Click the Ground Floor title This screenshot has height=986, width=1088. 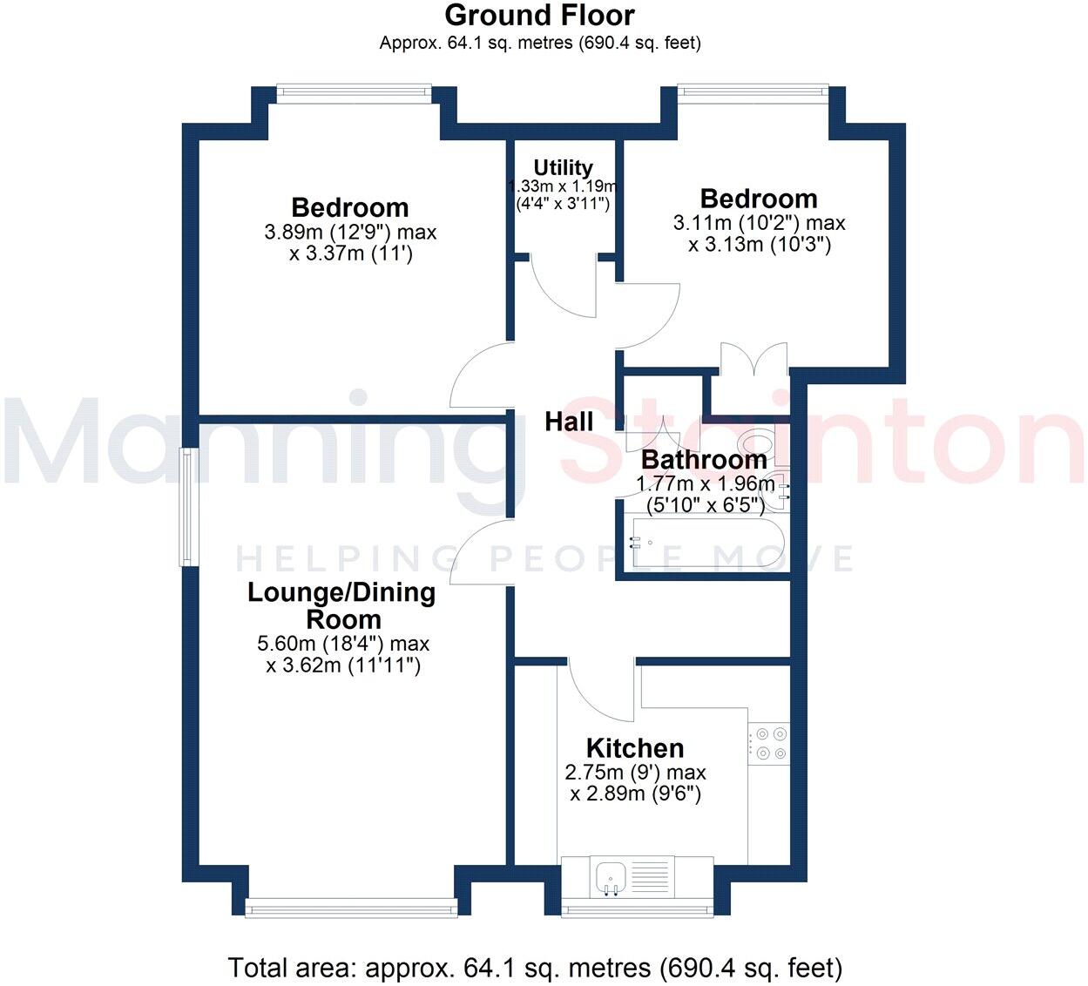[x=539, y=15]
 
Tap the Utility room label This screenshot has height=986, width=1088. [x=563, y=167]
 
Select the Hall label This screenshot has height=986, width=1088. [x=569, y=422]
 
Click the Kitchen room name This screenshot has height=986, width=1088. [x=635, y=748]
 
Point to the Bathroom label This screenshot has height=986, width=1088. [x=704, y=460]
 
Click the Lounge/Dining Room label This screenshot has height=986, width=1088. [x=342, y=606]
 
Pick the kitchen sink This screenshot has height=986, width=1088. [x=611, y=875]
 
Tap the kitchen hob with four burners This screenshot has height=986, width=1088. [x=769, y=743]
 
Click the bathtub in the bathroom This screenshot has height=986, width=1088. [x=706, y=543]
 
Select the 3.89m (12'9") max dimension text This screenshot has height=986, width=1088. [x=350, y=233]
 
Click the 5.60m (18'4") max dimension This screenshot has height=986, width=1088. [x=343, y=645]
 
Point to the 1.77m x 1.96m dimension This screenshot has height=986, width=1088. [x=706, y=484]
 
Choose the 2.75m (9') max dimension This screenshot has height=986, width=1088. [x=635, y=773]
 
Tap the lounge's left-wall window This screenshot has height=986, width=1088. [x=188, y=507]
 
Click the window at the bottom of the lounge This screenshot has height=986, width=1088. [x=351, y=908]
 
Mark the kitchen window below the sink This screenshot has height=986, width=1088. [x=637, y=909]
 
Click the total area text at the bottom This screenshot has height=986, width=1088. [x=535, y=968]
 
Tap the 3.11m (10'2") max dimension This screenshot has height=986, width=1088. [x=759, y=223]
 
